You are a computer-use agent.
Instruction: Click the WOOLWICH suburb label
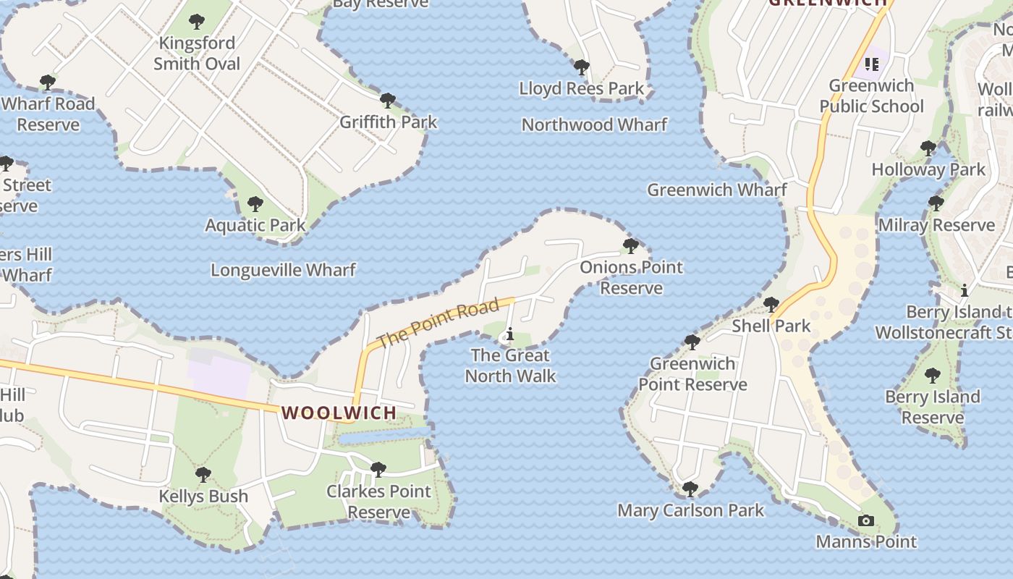(x=339, y=413)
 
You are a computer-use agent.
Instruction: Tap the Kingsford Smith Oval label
(x=197, y=54)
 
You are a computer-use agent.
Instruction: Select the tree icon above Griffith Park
(x=388, y=100)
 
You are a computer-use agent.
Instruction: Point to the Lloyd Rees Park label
(x=581, y=88)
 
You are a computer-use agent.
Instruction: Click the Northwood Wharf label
(x=594, y=124)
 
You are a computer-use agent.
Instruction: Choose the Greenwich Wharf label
(x=716, y=190)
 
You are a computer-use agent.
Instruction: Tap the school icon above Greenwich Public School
(x=871, y=64)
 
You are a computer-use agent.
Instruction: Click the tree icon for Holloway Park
(x=928, y=148)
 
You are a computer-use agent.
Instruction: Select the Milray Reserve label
(x=936, y=225)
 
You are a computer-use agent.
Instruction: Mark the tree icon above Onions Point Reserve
(x=631, y=246)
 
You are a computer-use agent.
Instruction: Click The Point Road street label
(x=438, y=321)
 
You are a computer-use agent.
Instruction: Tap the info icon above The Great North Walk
(x=510, y=334)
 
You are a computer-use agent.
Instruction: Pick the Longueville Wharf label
(x=283, y=270)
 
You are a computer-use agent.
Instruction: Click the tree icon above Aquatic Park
(x=255, y=204)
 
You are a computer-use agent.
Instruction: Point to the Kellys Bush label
(x=203, y=496)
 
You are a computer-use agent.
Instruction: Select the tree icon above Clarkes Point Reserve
(x=378, y=470)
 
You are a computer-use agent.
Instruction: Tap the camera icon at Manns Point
(x=865, y=520)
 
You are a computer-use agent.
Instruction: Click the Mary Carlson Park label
(x=690, y=510)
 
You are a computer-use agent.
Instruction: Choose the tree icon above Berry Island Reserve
(x=933, y=376)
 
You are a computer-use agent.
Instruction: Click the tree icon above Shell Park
(x=771, y=304)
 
